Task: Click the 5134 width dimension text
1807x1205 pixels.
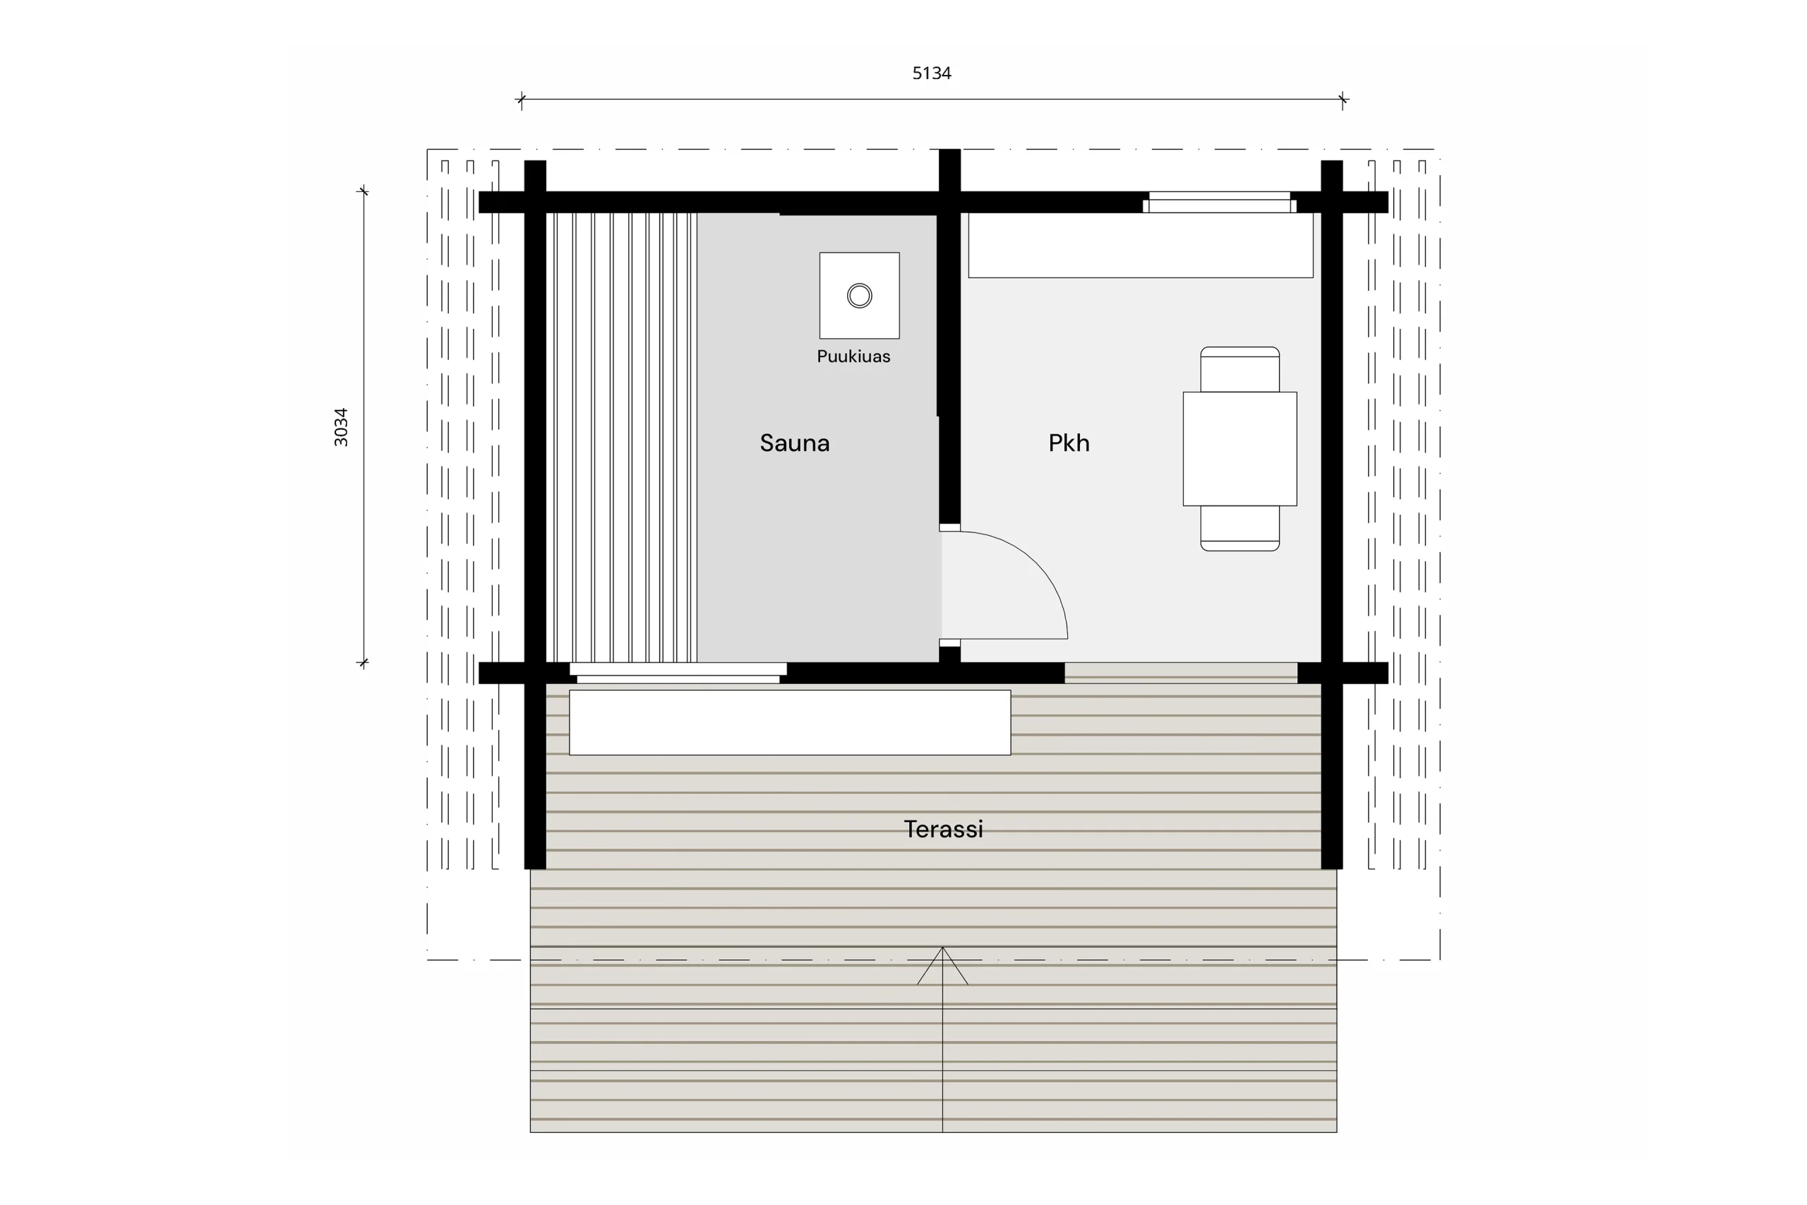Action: click(931, 73)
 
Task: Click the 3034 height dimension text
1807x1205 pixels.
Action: click(341, 426)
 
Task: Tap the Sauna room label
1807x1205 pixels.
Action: click(794, 443)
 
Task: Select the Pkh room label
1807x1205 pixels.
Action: click(1069, 443)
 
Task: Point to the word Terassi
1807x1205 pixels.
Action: click(943, 829)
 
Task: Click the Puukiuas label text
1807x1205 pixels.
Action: click(853, 356)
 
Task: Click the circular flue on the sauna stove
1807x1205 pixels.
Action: click(859, 295)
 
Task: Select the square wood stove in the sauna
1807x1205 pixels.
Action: click(859, 295)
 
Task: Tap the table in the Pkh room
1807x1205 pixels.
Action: click(1239, 449)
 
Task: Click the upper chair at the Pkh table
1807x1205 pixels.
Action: click(1239, 369)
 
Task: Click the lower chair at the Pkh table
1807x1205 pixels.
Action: click(1239, 529)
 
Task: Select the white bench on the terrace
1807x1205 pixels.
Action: click(790, 722)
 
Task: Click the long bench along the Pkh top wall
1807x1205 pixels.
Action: click(1140, 244)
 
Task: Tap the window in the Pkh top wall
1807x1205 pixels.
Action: click(1219, 202)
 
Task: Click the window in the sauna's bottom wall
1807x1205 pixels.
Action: click(678, 673)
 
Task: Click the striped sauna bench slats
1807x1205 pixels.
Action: click(622, 437)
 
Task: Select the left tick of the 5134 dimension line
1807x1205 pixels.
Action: click(521, 99)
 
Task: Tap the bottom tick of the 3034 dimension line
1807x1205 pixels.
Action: click(364, 662)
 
